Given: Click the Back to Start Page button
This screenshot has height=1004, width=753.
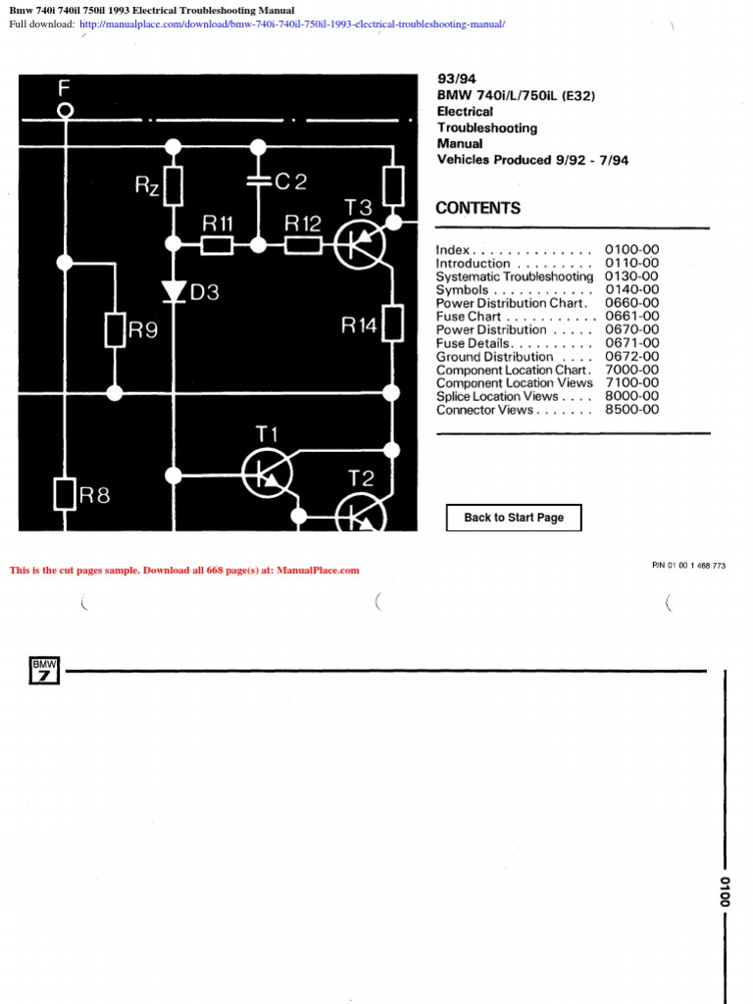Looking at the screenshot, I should coord(514,518).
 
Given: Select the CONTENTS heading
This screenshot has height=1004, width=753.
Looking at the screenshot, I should coord(477,208).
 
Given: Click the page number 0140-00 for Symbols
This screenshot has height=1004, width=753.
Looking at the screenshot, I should coord(631,290).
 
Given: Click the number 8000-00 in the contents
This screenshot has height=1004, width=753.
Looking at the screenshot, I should coord(631,396).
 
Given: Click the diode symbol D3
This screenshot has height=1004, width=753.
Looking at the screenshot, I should coord(174,291).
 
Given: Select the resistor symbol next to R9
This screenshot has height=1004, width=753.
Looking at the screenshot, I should coord(115,330).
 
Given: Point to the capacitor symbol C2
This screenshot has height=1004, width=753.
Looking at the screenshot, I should coord(258,181).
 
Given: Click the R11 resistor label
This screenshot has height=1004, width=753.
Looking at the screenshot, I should coord(217,224).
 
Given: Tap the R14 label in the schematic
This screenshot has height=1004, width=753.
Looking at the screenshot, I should coord(358,326).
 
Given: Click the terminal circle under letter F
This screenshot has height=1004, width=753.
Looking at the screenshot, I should coord(66,112).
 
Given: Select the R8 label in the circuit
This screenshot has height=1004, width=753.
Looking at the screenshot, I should coord(95,495).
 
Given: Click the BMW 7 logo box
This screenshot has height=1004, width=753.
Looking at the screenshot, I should coord(45,671).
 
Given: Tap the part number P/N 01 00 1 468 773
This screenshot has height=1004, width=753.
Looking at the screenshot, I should coord(688,566).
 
